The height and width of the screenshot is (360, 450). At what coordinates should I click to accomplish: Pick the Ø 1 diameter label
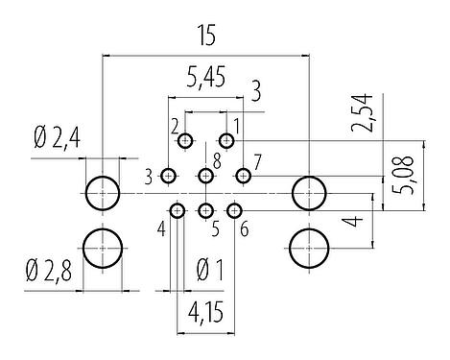pos(207,271)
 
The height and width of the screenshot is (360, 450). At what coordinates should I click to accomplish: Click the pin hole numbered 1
pos(226,141)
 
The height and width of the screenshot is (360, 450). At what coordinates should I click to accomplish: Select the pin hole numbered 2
pos(186,141)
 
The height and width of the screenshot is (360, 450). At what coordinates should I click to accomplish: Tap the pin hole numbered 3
pos(169,176)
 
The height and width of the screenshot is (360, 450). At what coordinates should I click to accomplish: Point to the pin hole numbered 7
pos(243,176)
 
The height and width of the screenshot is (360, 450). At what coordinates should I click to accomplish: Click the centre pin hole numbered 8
pos(205,176)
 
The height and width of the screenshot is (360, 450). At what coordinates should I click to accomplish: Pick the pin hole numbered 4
pos(178,210)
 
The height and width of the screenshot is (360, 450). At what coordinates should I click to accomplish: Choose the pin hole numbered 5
pos(205,210)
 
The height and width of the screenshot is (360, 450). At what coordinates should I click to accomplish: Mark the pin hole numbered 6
pos(234,210)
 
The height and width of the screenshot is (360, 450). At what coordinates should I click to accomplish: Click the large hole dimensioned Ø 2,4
pos(102,193)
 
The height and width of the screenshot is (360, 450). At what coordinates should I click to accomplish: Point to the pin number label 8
pos(218,159)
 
